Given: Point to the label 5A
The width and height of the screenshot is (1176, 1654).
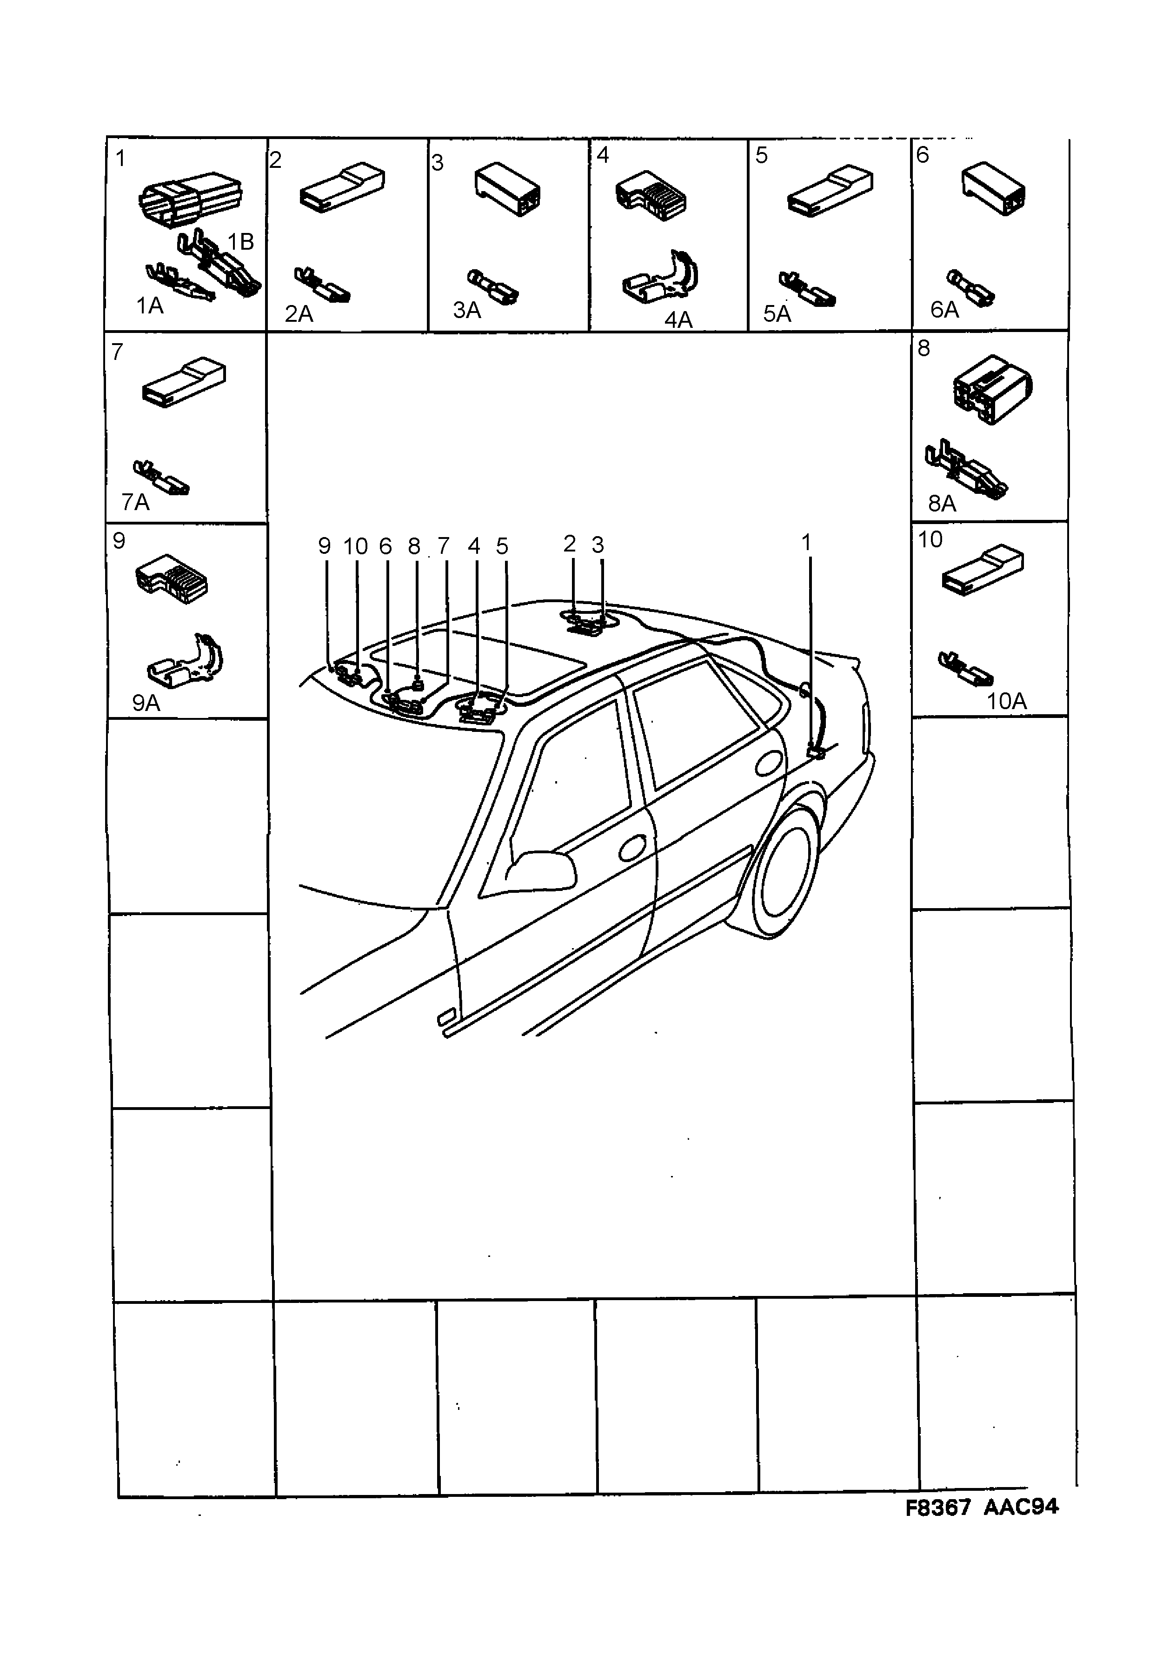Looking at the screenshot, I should (x=776, y=313).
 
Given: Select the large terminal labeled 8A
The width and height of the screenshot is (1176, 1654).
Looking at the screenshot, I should (x=967, y=469).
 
